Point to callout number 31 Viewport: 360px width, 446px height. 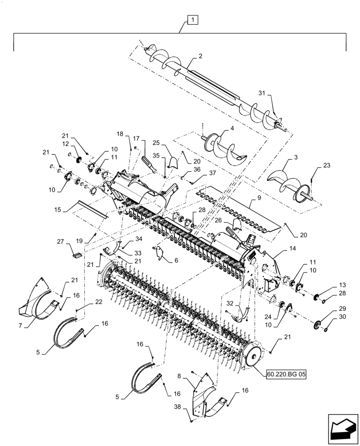click(262, 93)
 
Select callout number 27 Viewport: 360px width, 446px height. click(61, 241)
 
